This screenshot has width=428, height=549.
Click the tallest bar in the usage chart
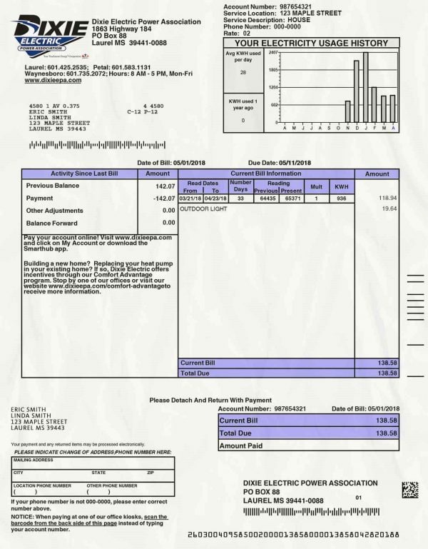(x=365, y=87)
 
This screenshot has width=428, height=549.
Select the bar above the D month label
(x=356, y=91)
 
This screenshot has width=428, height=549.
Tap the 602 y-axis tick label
(x=275, y=105)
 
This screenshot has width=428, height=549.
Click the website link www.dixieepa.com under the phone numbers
(x=53, y=81)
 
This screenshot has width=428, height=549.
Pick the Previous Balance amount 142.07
(x=165, y=186)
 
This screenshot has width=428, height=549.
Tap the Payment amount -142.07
(x=163, y=198)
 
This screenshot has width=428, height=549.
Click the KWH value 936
(x=342, y=198)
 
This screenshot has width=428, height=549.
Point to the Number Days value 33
(x=240, y=198)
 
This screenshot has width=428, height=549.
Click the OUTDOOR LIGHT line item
(x=203, y=209)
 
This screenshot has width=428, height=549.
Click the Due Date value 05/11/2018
(x=295, y=163)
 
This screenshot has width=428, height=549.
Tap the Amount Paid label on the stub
(x=241, y=445)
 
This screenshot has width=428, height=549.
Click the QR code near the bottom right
(x=409, y=490)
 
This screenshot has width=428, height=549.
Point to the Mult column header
(x=315, y=187)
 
